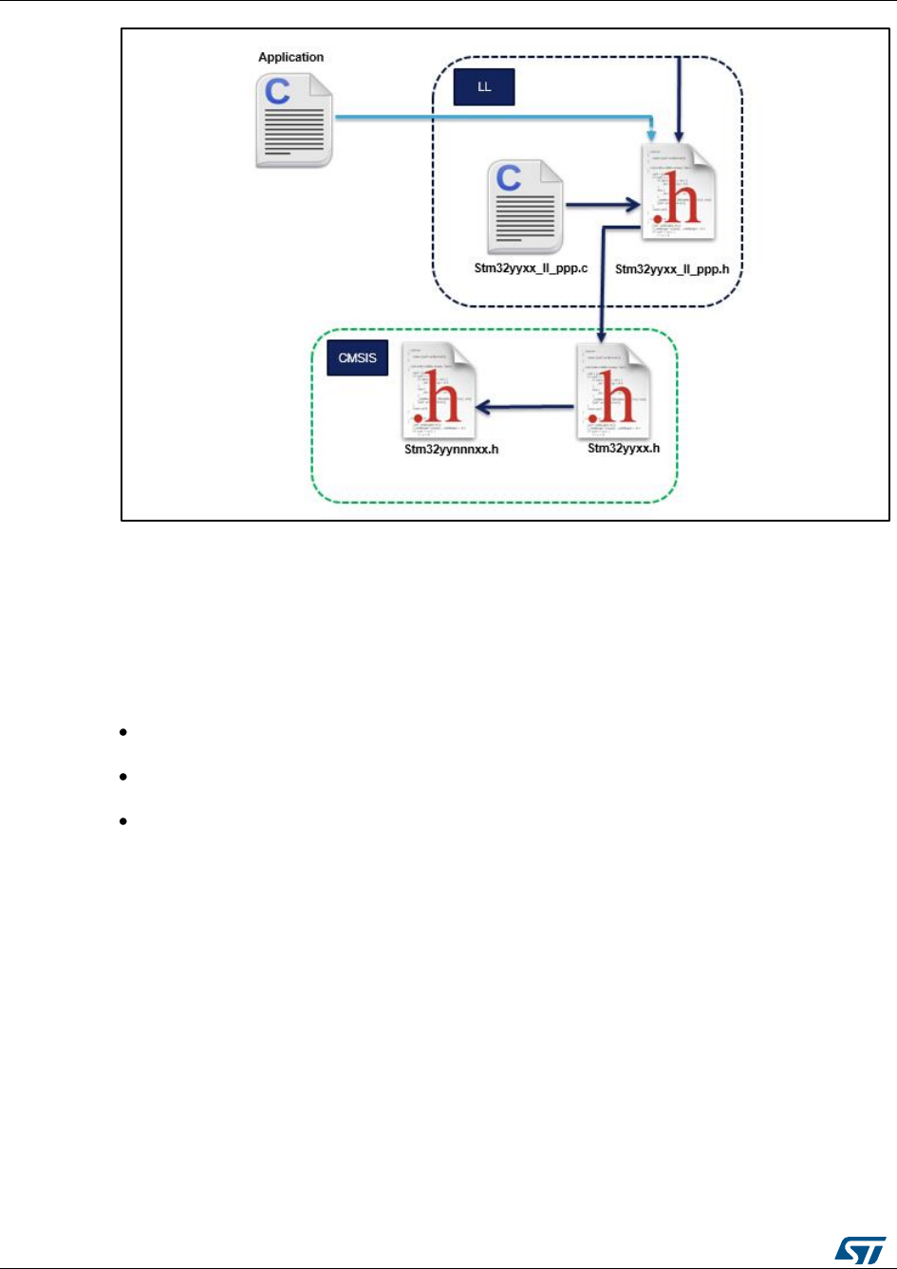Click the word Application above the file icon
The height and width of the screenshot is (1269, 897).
pos(290,57)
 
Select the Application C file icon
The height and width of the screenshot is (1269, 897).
pos(292,120)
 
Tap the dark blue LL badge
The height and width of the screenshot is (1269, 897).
pos(482,89)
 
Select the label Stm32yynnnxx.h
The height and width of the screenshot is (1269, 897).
pos(452,449)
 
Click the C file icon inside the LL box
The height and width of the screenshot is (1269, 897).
pos(526,206)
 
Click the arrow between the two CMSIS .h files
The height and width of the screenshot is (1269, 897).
pos(527,408)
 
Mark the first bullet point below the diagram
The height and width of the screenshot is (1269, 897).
pos(124,732)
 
